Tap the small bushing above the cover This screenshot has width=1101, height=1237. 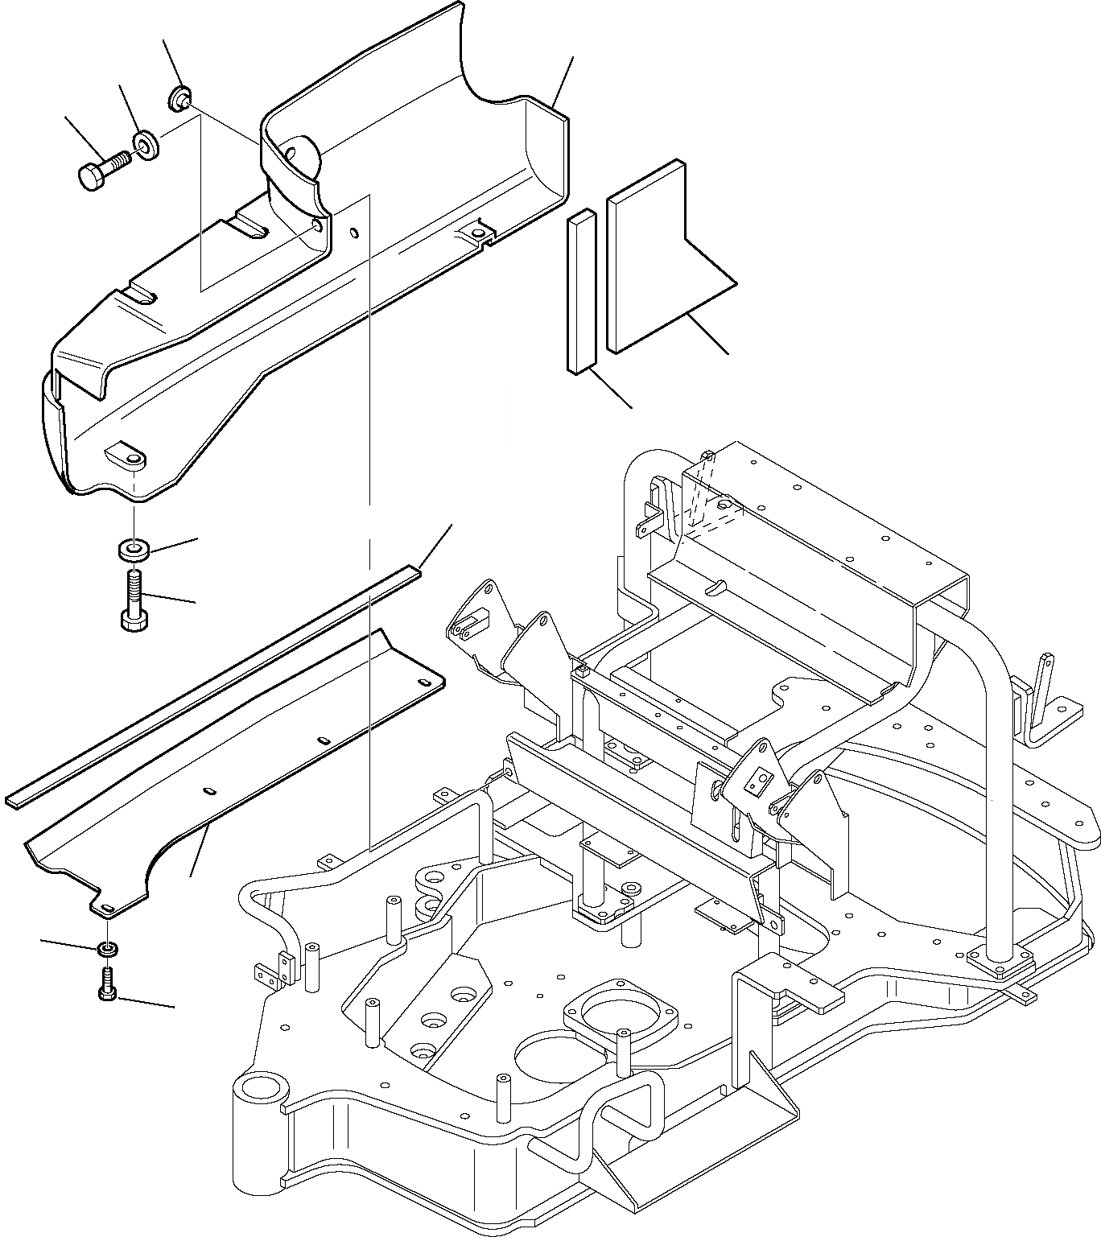click(x=179, y=100)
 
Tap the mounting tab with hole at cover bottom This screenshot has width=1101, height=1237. click(x=126, y=456)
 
